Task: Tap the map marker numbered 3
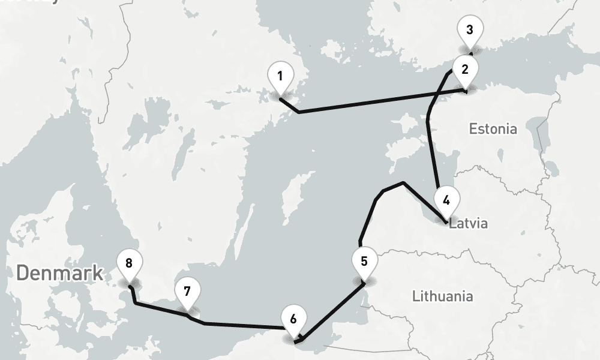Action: (x=469, y=29)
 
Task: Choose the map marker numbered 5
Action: (x=364, y=262)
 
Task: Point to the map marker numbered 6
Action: (x=293, y=319)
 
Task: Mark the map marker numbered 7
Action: (x=187, y=292)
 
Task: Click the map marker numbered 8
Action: (x=129, y=263)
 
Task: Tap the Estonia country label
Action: (x=493, y=128)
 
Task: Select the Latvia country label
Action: (x=469, y=224)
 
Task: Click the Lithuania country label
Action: (x=442, y=296)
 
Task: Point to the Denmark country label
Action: (x=59, y=273)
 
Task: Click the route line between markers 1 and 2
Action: (x=378, y=101)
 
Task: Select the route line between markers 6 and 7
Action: (x=240, y=326)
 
